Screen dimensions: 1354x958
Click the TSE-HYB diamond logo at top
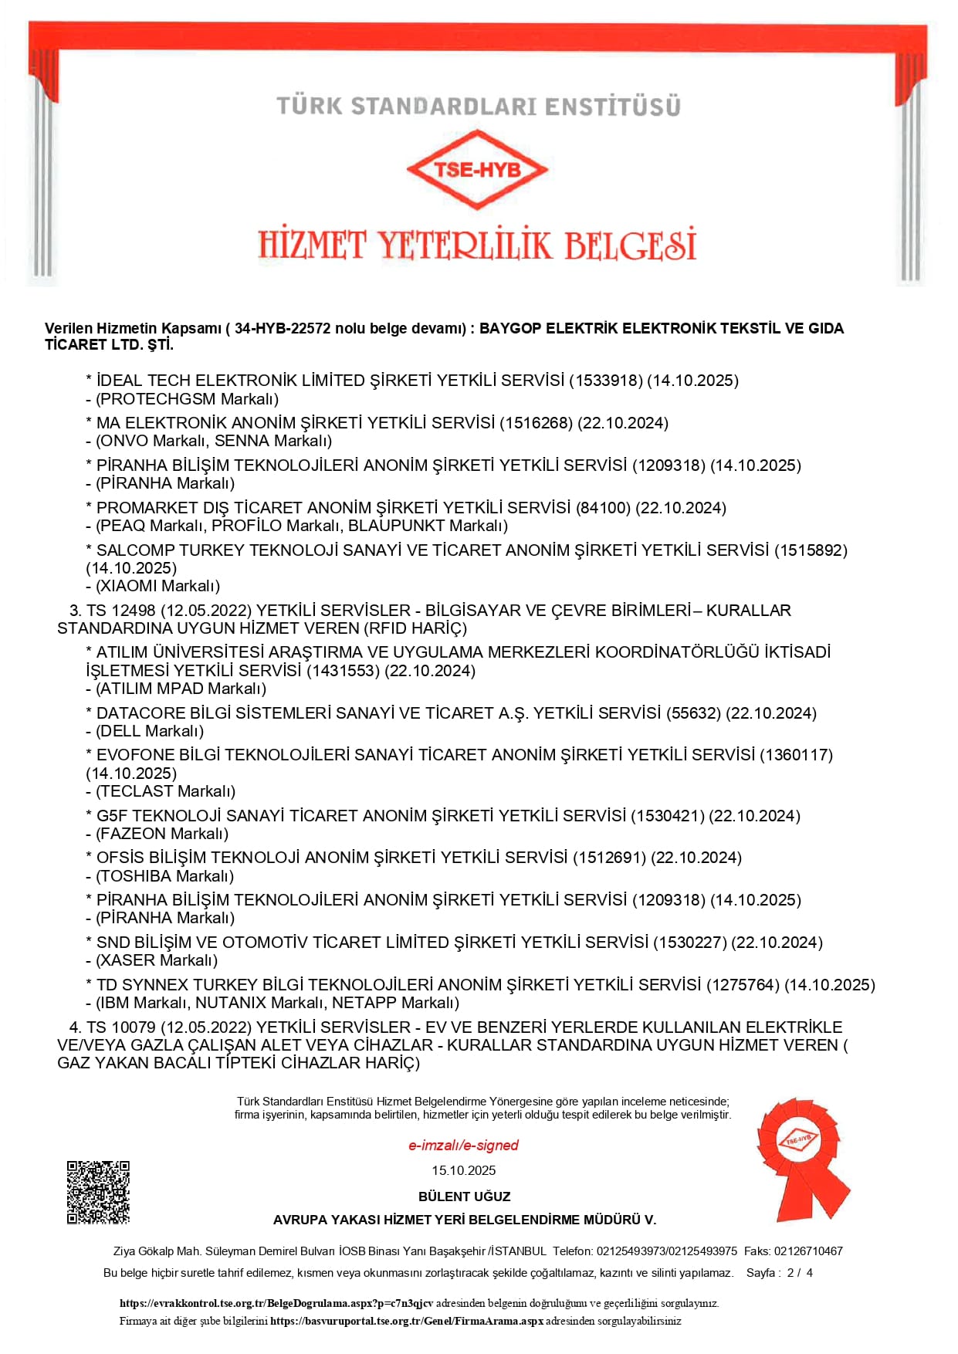[x=477, y=170]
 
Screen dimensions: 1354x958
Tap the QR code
[x=98, y=1192]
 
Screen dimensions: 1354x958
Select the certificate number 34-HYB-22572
[x=283, y=328]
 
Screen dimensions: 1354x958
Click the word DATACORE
[x=134, y=713]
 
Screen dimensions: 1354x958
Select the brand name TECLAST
[x=135, y=791]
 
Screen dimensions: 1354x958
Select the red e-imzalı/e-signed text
[x=463, y=1146]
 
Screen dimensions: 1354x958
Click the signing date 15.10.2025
[x=463, y=1170]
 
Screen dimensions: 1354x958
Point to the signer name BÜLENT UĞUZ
[x=464, y=1197]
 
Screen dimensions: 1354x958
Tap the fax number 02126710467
[x=808, y=1251]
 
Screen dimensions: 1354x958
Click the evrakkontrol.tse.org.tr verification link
[x=276, y=1303]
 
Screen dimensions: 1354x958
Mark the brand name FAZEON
[x=133, y=834]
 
